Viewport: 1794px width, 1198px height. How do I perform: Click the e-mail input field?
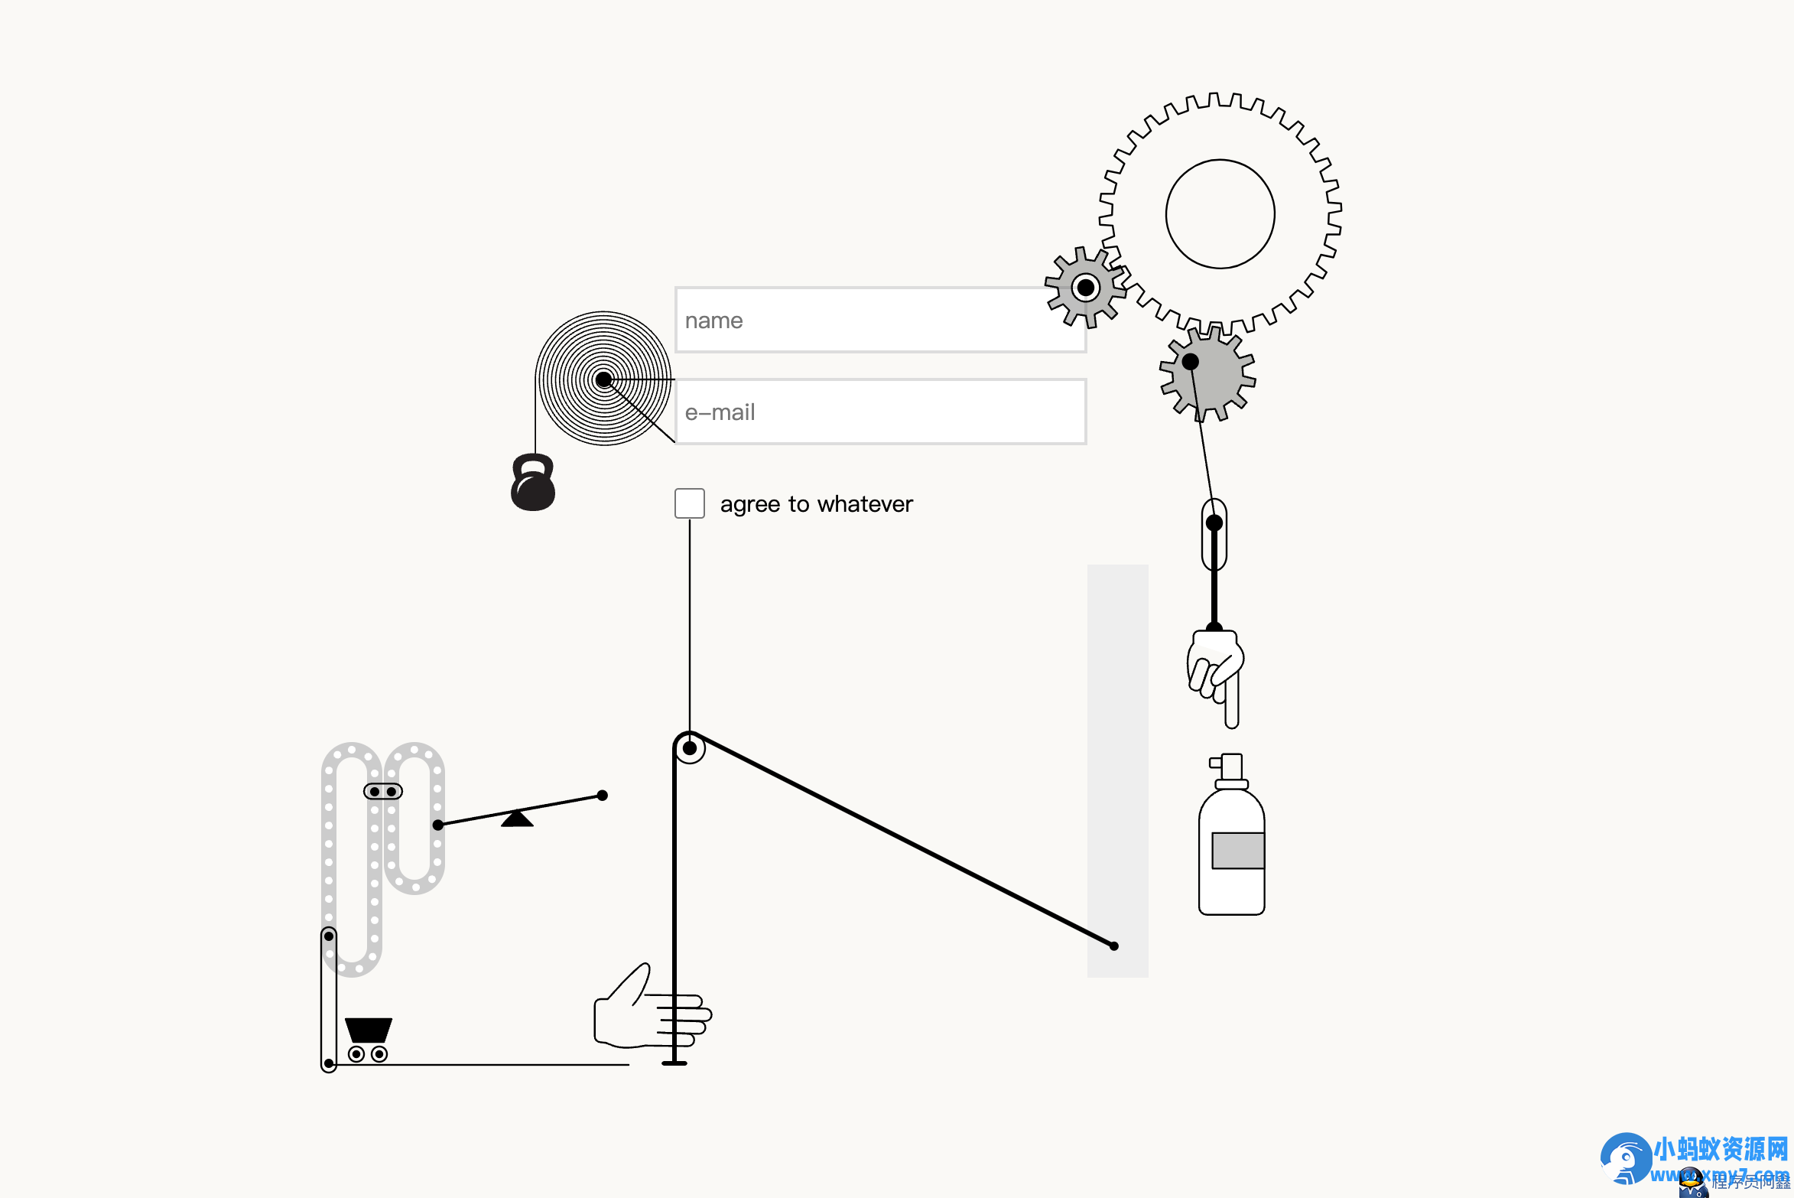point(879,412)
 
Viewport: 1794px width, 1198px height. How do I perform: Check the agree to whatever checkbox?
point(689,503)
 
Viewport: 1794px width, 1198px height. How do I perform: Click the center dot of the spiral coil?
point(603,379)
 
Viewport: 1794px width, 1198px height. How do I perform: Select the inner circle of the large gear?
point(1220,213)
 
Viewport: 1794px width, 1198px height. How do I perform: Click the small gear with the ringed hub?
point(1085,288)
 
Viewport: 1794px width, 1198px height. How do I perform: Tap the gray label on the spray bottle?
point(1237,850)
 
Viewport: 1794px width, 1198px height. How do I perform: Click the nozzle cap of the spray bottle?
point(1230,767)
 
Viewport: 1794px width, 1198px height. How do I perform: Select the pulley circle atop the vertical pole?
point(689,748)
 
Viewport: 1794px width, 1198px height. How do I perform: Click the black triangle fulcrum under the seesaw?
point(517,819)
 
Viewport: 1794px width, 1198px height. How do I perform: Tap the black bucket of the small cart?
point(369,1029)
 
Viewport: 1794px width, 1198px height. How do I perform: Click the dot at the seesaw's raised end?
point(603,796)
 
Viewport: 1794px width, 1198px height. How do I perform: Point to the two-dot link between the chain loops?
point(382,791)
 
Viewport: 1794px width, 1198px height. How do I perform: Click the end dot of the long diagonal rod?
point(1114,946)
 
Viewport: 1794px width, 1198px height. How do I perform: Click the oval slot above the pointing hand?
point(1214,535)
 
